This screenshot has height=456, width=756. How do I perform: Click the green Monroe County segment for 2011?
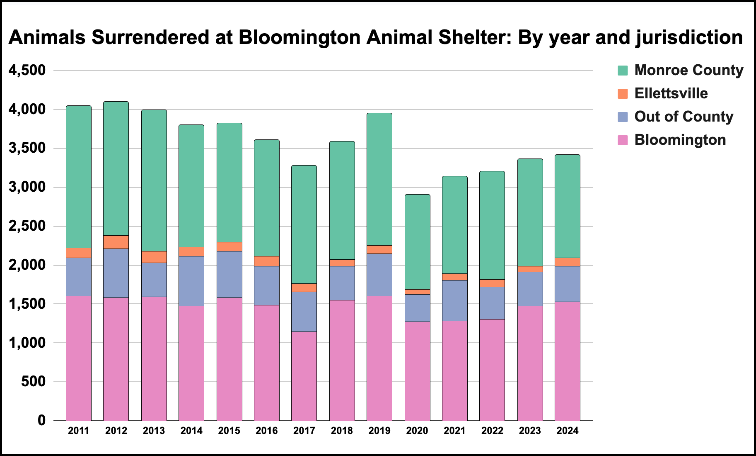click(79, 176)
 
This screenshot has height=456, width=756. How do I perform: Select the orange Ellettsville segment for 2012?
click(116, 242)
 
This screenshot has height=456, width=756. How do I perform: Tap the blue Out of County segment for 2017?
click(304, 312)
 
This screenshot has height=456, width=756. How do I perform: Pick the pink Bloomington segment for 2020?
click(417, 371)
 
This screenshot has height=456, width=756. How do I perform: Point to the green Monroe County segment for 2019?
click(379, 179)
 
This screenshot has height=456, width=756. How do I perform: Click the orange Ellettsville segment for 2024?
click(568, 262)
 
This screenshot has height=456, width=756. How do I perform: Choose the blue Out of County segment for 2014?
click(191, 281)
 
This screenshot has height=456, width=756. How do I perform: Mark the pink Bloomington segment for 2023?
click(530, 363)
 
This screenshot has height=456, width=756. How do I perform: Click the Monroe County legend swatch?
click(623, 70)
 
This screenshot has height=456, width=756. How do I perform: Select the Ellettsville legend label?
click(671, 93)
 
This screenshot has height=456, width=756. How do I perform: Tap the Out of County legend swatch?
click(623, 117)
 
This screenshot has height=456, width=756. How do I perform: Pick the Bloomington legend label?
click(680, 140)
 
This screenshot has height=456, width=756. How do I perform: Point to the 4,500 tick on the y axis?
click(27, 70)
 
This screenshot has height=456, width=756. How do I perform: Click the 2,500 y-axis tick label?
click(27, 226)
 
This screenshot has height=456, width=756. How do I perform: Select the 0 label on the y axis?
click(41, 420)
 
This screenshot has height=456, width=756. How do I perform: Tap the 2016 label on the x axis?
click(266, 431)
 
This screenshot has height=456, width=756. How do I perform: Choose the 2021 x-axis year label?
click(454, 431)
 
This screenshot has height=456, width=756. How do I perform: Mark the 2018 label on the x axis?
click(342, 431)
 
